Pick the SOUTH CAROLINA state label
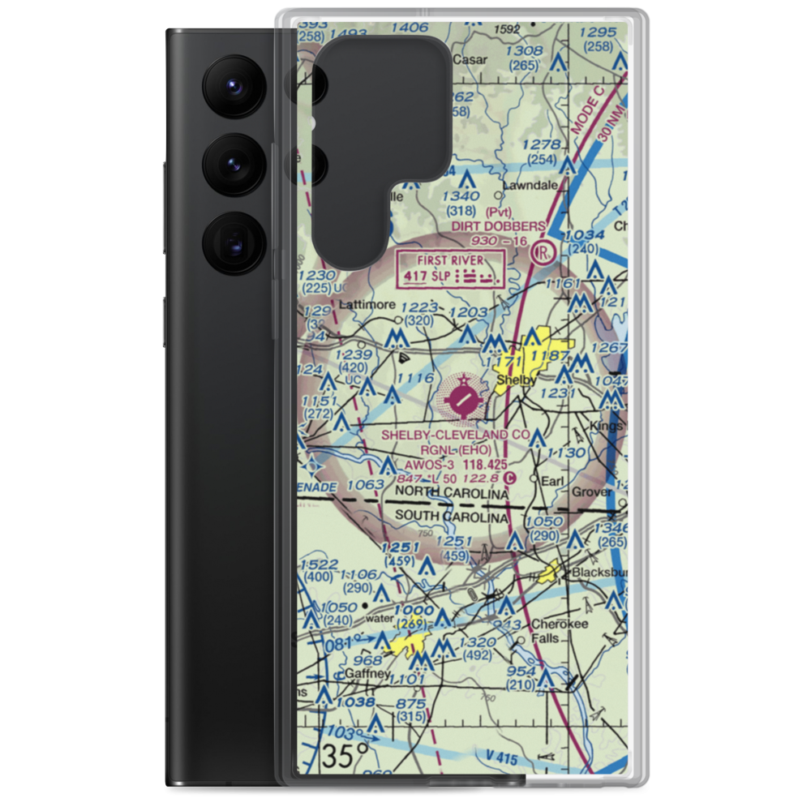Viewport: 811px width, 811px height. click(x=452, y=517)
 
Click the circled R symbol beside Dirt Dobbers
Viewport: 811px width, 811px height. click(x=543, y=253)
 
